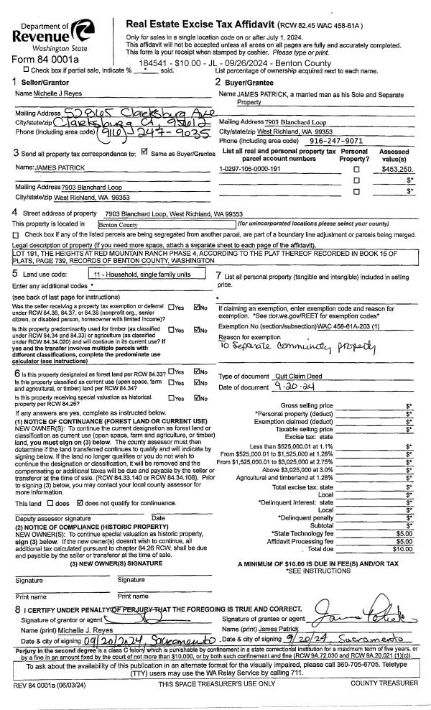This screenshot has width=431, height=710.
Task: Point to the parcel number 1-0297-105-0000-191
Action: point(254,168)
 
